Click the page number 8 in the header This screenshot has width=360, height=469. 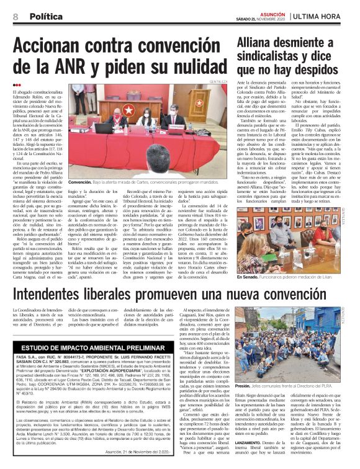pyautogui.click(x=14, y=17)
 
